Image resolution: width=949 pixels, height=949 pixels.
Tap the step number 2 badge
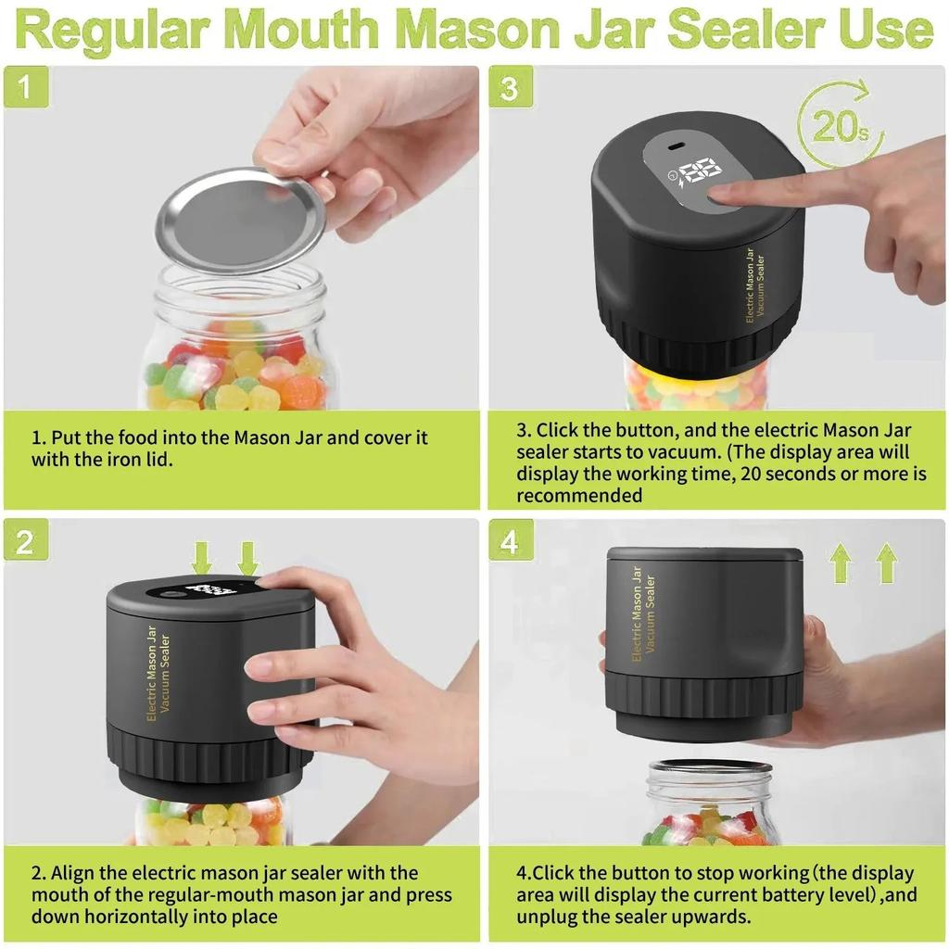(x=25, y=541)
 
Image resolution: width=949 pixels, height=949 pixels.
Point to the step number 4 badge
(x=510, y=541)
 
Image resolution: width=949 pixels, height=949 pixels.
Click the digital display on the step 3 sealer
(x=701, y=171)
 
